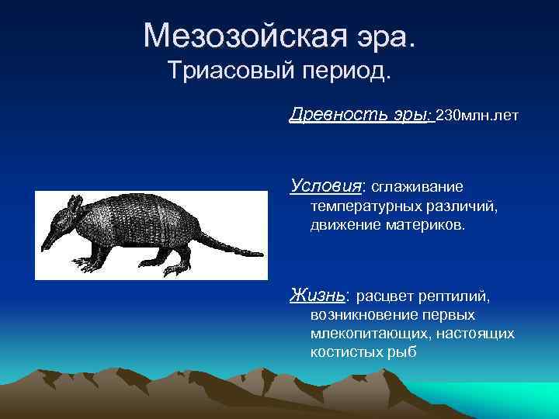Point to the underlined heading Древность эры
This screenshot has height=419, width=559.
click(358, 116)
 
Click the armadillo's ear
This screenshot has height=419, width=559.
click(75, 203)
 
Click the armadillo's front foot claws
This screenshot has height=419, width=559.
click(98, 268)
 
